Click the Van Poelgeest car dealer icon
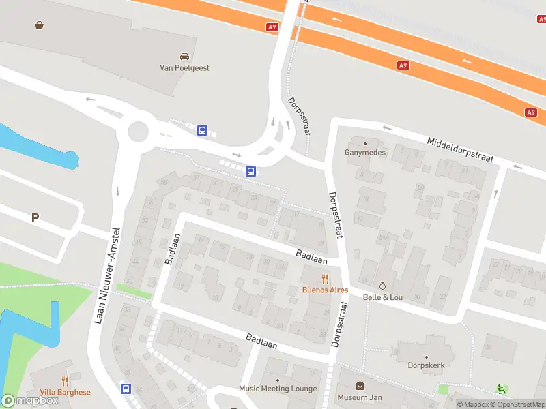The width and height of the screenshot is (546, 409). click(x=184, y=57)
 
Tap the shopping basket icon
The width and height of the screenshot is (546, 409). click(x=40, y=25)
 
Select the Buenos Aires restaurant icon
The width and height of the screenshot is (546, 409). click(x=326, y=278)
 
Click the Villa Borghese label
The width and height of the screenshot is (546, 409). click(x=66, y=393)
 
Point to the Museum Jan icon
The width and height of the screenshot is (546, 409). click(x=360, y=387)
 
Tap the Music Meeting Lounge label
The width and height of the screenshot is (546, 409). click(x=278, y=389)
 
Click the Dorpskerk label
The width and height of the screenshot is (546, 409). click(x=427, y=365)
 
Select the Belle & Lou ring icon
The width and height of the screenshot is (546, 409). click(x=382, y=285)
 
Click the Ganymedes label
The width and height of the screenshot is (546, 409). click(x=365, y=153)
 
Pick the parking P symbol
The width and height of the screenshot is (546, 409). click(x=35, y=218)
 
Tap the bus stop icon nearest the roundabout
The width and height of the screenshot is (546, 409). click(x=202, y=130)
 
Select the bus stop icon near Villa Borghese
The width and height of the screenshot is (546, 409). click(x=126, y=389)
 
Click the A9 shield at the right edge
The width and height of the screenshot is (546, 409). click(x=531, y=112)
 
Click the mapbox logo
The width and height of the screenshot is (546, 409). click(x=30, y=401)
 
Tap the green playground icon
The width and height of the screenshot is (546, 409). click(x=502, y=389)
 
